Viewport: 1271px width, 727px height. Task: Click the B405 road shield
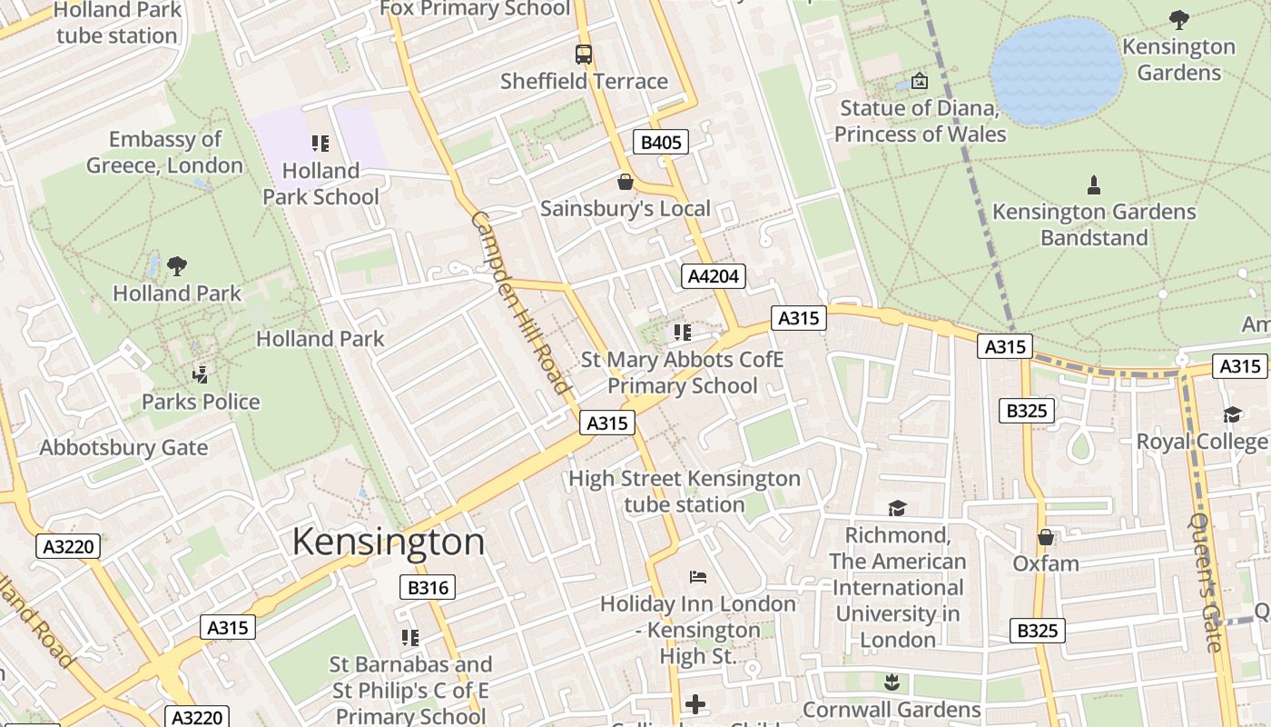point(661,142)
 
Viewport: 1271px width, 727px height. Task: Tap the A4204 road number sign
point(714,276)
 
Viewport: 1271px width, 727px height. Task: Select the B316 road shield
point(428,587)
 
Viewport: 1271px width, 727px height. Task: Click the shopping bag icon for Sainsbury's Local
point(625,182)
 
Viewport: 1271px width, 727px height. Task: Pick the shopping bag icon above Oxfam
point(1046,536)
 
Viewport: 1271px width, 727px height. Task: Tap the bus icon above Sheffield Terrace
point(583,55)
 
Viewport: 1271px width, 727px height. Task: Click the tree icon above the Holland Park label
point(177,265)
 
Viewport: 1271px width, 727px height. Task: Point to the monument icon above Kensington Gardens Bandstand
point(1094,184)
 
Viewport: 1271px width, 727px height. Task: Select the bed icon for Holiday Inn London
point(697,576)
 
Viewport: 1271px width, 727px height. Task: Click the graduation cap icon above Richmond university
point(897,507)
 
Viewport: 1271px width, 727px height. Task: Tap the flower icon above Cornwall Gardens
point(891,682)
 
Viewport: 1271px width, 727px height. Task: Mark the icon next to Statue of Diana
point(919,81)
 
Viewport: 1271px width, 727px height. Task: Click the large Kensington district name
point(389,542)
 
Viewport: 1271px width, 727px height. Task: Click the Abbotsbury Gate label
point(123,447)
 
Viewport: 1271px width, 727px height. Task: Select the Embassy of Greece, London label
point(164,153)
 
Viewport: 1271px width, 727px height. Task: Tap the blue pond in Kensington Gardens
point(1056,71)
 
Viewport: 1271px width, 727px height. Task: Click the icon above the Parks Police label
point(201,373)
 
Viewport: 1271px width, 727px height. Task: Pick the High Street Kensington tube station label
point(685,491)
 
